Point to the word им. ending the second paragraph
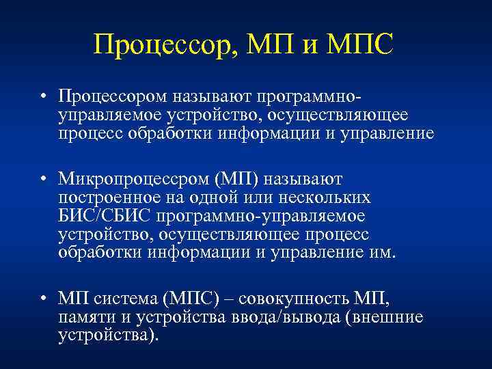point(383,252)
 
